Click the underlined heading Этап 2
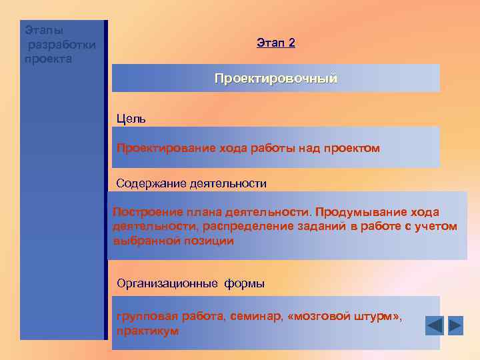click(x=275, y=43)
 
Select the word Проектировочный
click(x=275, y=79)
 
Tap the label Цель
click(x=131, y=119)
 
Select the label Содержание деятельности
click(x=191, y=183)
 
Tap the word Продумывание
click(x=359, y=212)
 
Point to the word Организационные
click(x=167, y=283)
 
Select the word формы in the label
click(x=244, y=283)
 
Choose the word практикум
click(x=147, y=331)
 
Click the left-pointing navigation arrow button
click(x=434, y=325)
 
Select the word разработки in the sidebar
click(x=61, y=45)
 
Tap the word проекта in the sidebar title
click(x=48, y=59)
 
